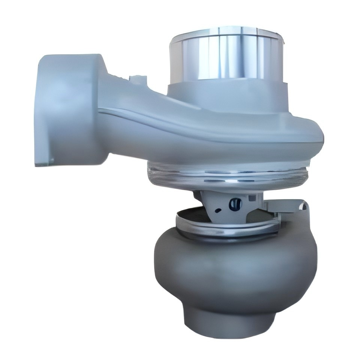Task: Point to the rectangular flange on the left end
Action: pos(64,109)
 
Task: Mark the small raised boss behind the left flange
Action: pos(133,78)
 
